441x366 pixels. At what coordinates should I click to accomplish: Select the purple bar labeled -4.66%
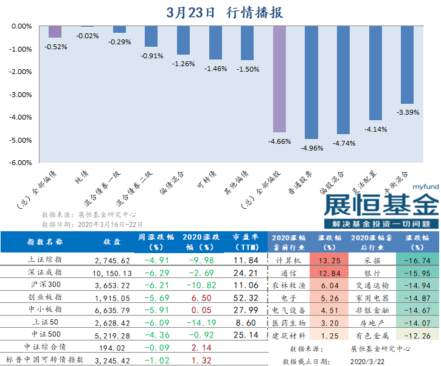pos(279,79)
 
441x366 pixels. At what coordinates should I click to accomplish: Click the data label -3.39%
pos(408,112)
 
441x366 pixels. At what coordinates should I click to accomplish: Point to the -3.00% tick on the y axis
pos(21,95)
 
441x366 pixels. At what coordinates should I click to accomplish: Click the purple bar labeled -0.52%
pos(55,32)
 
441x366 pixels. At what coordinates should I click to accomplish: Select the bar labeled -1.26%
pos(183,41)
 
